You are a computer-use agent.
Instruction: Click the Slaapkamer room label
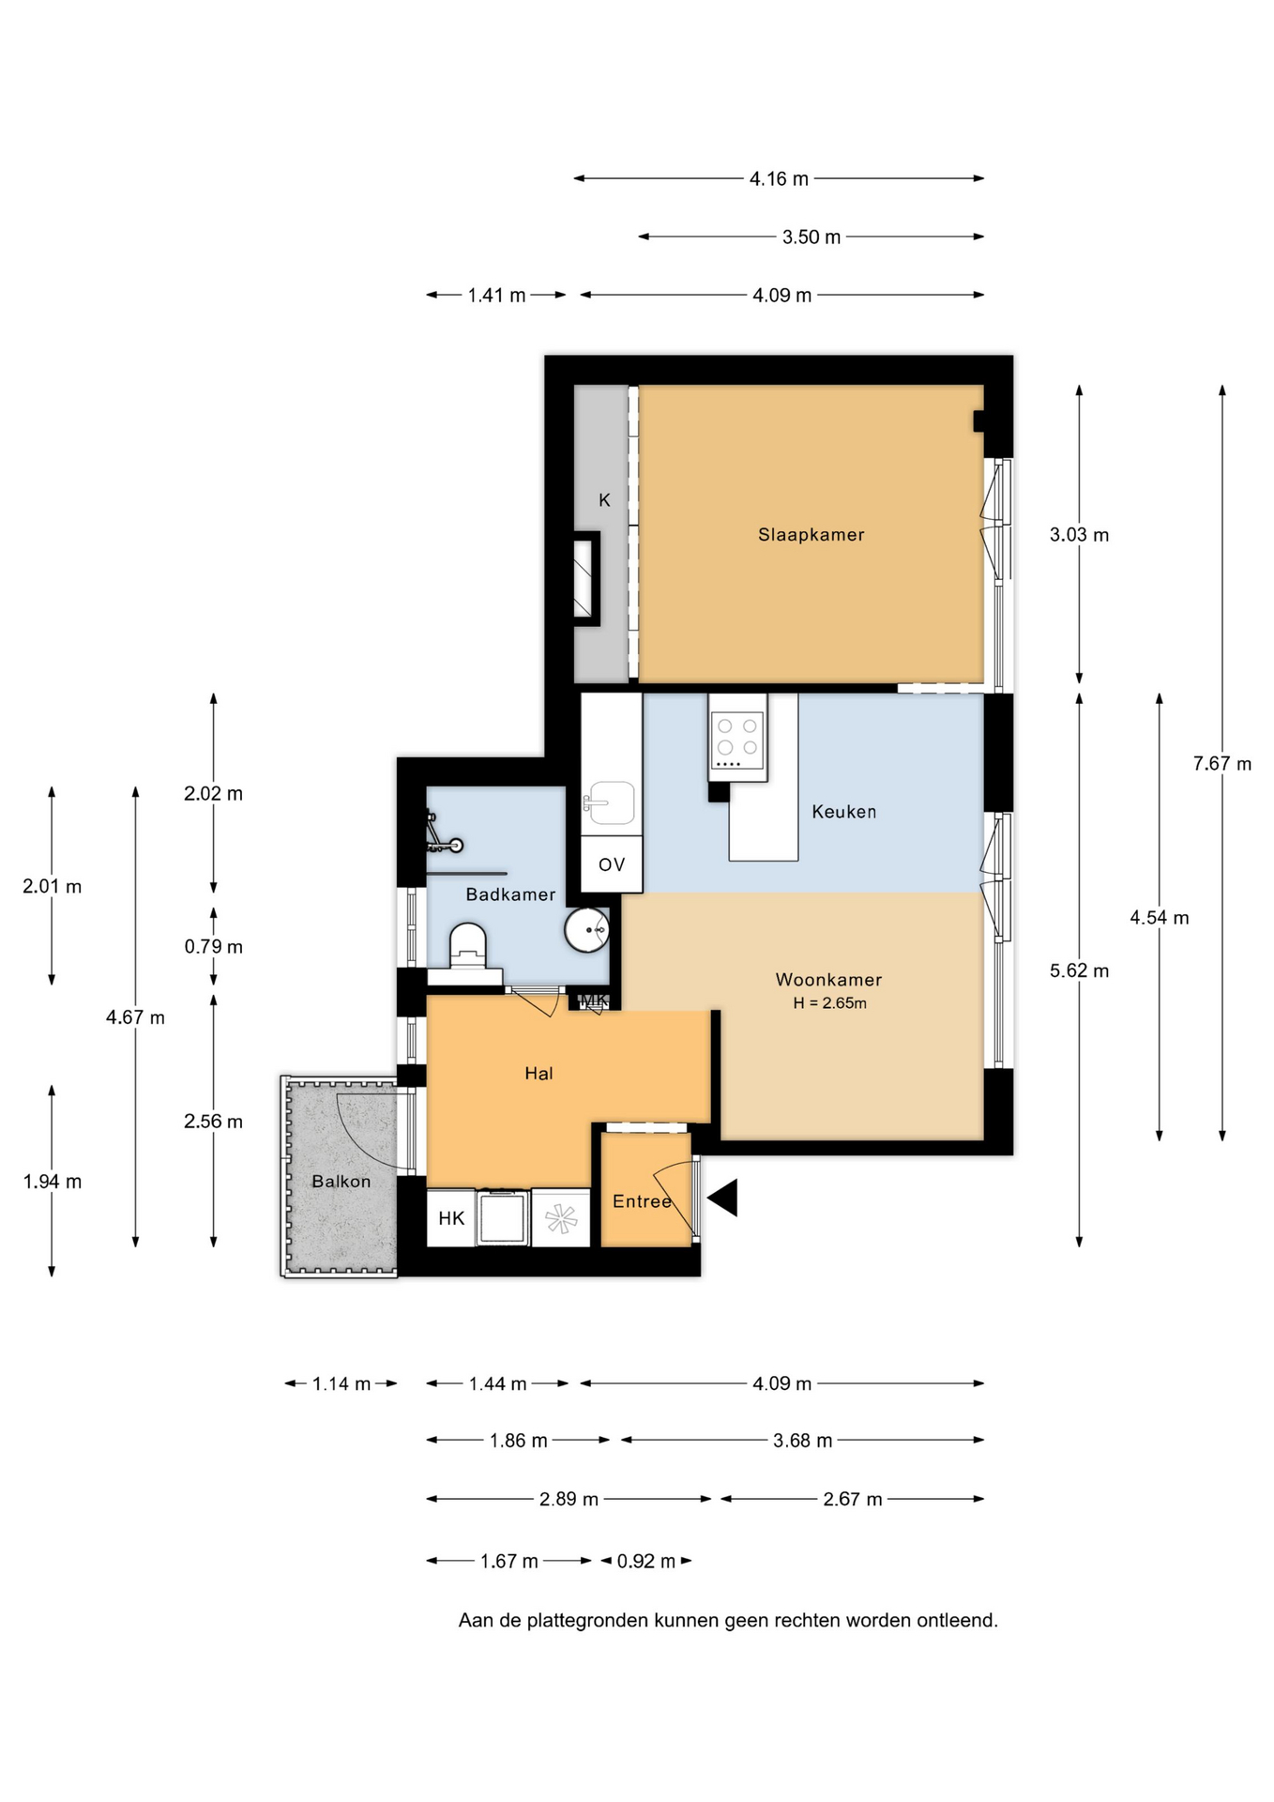click(x=811, y=535)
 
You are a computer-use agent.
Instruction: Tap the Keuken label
click(x=844, y=812)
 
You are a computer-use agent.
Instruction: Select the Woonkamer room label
click(x=828, y=980)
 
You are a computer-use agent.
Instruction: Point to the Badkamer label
click(x=510, y=894)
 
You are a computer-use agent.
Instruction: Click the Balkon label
click(x=341, y=1182)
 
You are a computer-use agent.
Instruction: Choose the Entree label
click(x=642, y=1201)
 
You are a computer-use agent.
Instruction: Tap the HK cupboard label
click(x=451, y=1218)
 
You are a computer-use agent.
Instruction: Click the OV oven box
click(x=612, y=864)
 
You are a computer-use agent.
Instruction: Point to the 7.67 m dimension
click(x=1221, y=764)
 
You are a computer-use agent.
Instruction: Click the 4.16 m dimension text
click(x=779, y=178)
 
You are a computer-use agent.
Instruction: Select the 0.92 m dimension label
click(x=646, y=1561)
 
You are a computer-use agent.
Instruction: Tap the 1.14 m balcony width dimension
click(x=341, y=1383)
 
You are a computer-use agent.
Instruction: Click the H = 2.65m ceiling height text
click(x=829, y=1003)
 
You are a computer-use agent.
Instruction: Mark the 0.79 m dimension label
click(x=213, y=946)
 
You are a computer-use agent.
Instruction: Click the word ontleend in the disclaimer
click(x=961, y=1620)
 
